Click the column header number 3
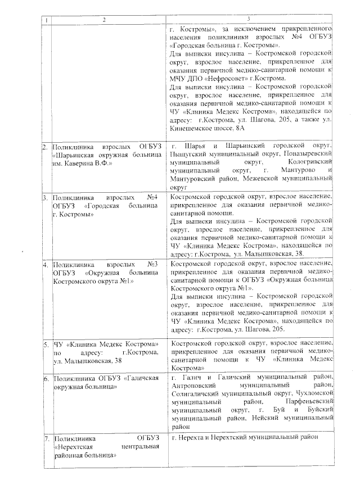249,20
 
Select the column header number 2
103,20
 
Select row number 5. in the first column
45,343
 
